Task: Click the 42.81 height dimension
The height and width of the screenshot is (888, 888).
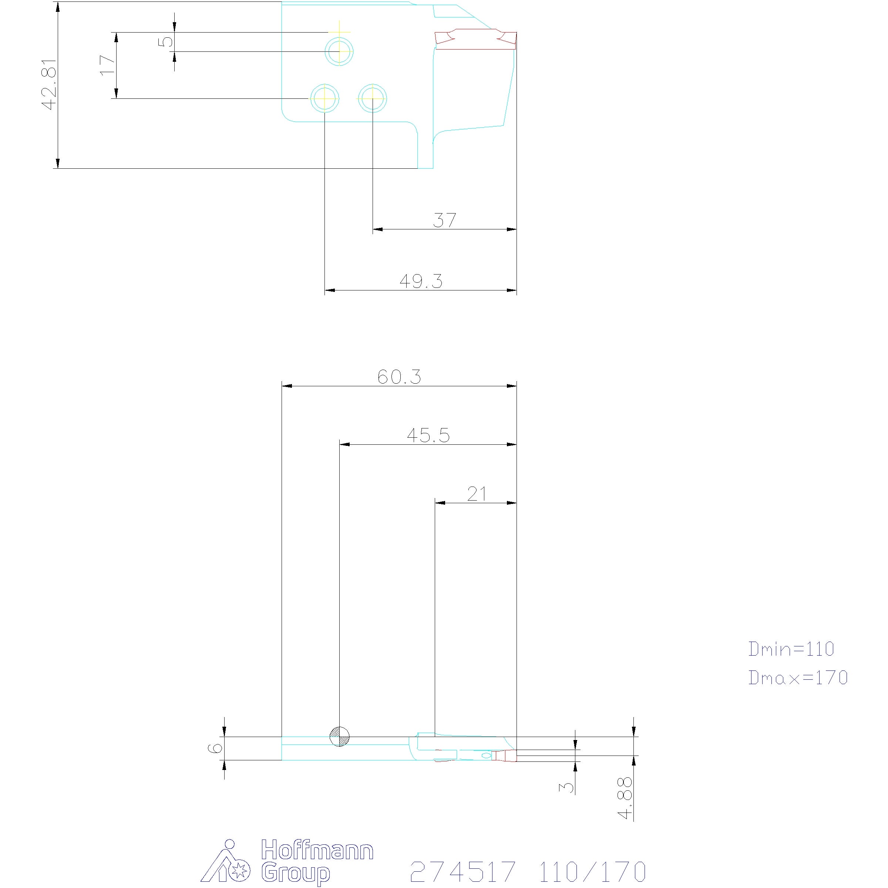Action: [49, 85]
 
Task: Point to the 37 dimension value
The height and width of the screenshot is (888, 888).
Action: [444, 221]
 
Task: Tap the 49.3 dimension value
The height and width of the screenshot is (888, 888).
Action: [421, 281]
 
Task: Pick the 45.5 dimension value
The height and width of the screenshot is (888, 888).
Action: [428, 435]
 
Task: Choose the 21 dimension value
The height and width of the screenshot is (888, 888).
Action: [477, 494]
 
